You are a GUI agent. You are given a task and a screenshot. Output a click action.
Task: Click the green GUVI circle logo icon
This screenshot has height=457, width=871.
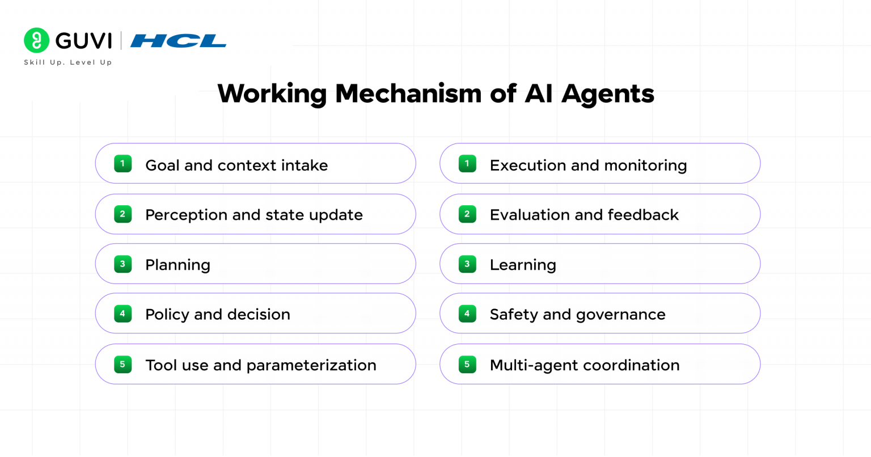(36, 40)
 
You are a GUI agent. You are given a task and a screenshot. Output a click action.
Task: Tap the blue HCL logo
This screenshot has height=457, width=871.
(178, 41)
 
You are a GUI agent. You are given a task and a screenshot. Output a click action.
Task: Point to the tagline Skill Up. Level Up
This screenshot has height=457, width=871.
(68, 62)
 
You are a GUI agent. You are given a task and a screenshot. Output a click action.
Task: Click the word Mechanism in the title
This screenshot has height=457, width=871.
(408, 94)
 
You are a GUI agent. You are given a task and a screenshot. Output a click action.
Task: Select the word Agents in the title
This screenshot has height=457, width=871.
(608, 95)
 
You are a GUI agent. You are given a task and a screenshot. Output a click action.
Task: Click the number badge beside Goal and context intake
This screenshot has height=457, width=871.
(123, 163)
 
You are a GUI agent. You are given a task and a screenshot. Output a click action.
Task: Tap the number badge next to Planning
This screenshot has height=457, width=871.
(123, 264)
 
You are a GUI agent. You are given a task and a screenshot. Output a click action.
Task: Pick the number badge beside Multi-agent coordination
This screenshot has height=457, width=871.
(467, 365)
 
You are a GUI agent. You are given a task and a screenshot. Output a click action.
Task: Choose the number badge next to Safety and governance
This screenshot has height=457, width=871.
(467, 314)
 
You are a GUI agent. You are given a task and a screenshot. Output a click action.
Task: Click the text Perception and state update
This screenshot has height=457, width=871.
(254, 215)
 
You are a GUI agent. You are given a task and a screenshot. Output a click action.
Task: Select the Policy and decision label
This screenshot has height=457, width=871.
(218, 315)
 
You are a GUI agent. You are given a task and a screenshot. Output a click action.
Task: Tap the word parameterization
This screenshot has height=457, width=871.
(311, 366)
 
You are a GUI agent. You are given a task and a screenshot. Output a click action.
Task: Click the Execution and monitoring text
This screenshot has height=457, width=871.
(588, 166)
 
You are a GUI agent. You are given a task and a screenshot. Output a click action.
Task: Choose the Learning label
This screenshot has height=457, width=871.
(523, 265)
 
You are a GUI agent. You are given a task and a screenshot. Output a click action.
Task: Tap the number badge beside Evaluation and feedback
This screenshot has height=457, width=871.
(467, 214)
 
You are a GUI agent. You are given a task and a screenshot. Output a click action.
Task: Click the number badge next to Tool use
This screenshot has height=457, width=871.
(123, 365)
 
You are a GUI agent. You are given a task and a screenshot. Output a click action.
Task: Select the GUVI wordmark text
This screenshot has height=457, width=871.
(83, 41)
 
